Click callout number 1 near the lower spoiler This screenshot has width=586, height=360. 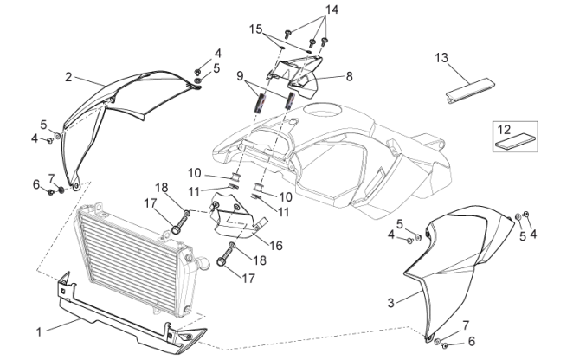[39, 330]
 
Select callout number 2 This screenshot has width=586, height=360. [68, 77]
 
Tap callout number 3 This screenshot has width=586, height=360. [390, 302]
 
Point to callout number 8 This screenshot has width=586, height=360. [349, 76]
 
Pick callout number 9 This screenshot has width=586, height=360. [240, 76]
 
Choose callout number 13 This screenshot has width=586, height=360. [441, 58]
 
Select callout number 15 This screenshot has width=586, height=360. [255, 29]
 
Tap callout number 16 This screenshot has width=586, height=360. [275, 246]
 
